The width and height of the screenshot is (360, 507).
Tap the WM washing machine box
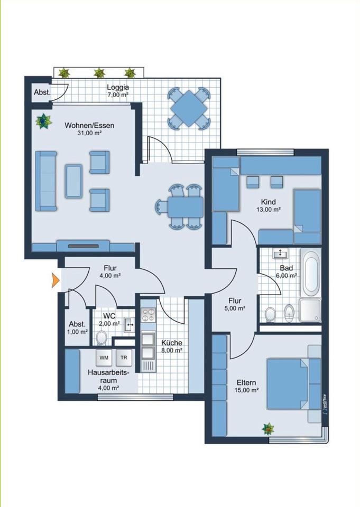[x=104, y=358]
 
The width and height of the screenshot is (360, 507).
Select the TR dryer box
[x=124, y=358]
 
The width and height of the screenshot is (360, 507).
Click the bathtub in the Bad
[x=311, y=273]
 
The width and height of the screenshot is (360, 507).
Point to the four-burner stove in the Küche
[x=148, y=315]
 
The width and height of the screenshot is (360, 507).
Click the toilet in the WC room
[x=103, y=337]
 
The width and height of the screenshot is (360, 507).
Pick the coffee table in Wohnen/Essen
[x=73, y=181]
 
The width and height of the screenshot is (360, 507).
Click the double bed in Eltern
[x=287, y=384]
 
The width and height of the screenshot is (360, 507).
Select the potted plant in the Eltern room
[x=268, y=429]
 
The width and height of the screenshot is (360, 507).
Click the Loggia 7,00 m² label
[x=118, y=91]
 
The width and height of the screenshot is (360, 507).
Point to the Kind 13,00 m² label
[x=269, y=205]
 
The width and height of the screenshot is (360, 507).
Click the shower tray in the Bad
[x=310, y=310]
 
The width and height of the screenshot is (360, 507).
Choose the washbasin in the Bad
[x=280, y=254]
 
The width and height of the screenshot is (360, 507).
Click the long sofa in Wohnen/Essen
[x=46, y=181]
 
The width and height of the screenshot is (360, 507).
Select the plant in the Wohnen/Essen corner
[x=43, y=121]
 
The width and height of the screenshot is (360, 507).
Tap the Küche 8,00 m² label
[x=172, y=346]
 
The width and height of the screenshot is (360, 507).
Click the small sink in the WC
[x=130, y=325]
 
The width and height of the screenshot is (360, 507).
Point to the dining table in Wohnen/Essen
[x=185, y=207]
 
